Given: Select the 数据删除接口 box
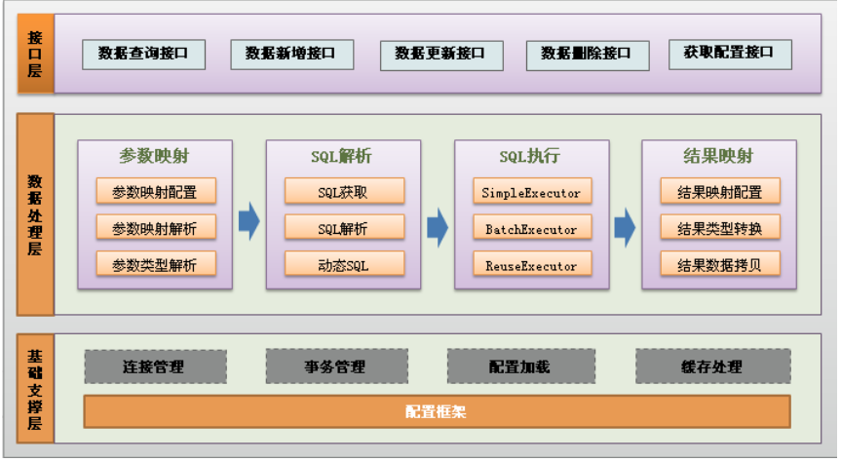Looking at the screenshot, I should (x=586, y=55).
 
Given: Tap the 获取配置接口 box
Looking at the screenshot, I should (x=730, y=55).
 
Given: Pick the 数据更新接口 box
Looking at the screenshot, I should (x=441, y=55).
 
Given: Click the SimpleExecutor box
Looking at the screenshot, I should (x=532, y=192).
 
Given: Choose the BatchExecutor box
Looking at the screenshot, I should (x=532, y=229).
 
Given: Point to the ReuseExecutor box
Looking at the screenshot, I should (x=532, y=265).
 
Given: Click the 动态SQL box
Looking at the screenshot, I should (x=344, y=265).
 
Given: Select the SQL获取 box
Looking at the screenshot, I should (x=344, y=192).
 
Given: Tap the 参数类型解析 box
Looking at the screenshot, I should (x=155, y=265).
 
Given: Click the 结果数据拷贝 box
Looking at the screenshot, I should (x=720, y=265).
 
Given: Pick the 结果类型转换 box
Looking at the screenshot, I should (x=720, y=229).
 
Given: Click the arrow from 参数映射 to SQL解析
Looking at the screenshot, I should (x=249, y=222).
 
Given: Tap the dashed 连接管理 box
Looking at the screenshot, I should (x=155, y=367).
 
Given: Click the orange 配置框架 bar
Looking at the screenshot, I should (x=437, y=411).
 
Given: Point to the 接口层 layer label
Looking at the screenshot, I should (x=36, y=55).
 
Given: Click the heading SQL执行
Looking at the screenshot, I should (x=531, y=156).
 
